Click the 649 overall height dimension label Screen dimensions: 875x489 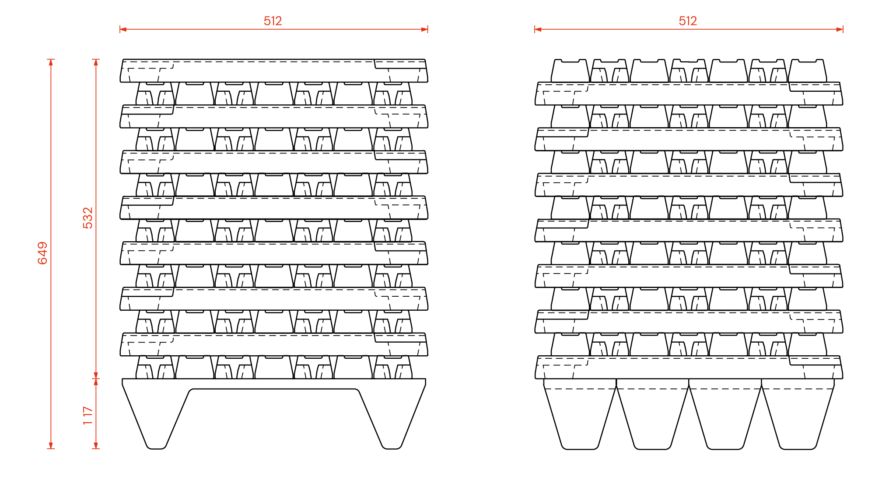coord(42,253)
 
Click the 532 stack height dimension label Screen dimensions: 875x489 coord(88,218)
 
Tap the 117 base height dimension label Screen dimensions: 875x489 coord(88,416)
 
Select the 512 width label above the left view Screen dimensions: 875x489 coord(273,21)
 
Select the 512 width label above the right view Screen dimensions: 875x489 coord(688,21)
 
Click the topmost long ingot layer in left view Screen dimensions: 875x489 coord(274,71)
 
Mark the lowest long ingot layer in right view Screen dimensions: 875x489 coord(689,367)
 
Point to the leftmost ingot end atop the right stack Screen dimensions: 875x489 coord(570,71)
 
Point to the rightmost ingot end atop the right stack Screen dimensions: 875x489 coord(807,71)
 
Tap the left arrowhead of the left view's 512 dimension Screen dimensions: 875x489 coord(123,29)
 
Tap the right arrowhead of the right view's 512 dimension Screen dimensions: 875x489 coord(840,29)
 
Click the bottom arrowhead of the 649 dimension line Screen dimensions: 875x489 coord(51,445)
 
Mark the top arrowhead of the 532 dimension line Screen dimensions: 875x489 coord(96,62)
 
